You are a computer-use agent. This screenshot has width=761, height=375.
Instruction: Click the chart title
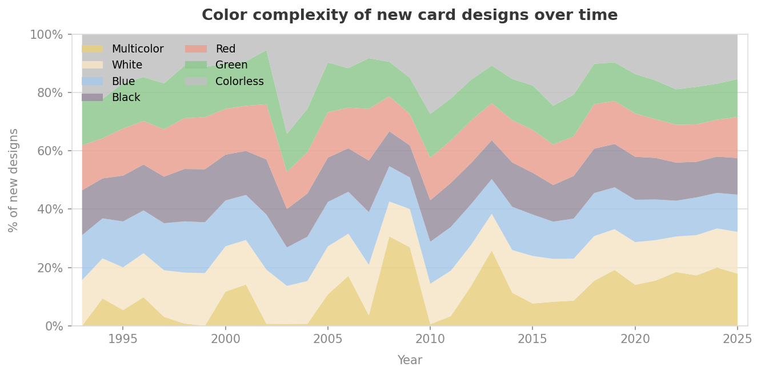pyautogui.click(x=409, y=15)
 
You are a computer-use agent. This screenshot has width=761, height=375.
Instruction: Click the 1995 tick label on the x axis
pyautogui.click(x=123, y=340)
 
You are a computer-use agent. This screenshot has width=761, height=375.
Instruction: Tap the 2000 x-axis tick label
pyautogui.click(x=225, y=340)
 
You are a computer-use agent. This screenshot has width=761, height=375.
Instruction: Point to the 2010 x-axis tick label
pyautogui.click(x=430, y=340)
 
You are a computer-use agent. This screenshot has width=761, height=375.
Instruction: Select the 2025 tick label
pyautogui.click(x=737, y=340)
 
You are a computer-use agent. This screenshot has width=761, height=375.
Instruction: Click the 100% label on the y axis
pyautogui.click(x=46, y=35)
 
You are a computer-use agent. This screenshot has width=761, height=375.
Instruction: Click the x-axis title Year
pyautogui.click(x=409, y=360)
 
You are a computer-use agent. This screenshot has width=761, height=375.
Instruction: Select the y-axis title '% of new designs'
pyautogui.click(x=14, y=180)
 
